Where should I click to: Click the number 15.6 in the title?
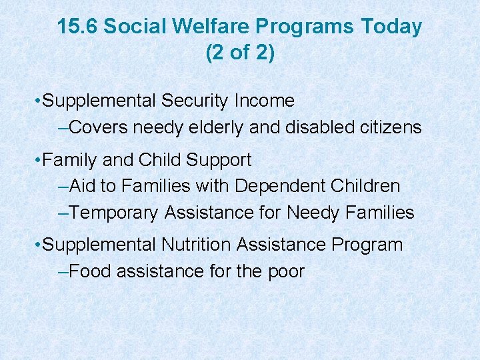pos(77,27)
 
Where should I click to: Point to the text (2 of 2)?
pos(240,53)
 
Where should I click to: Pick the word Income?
pos(268,101)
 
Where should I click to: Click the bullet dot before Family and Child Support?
pos(37,161)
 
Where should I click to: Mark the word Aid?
pos(83,186)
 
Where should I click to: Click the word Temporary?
pos(114,213)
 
